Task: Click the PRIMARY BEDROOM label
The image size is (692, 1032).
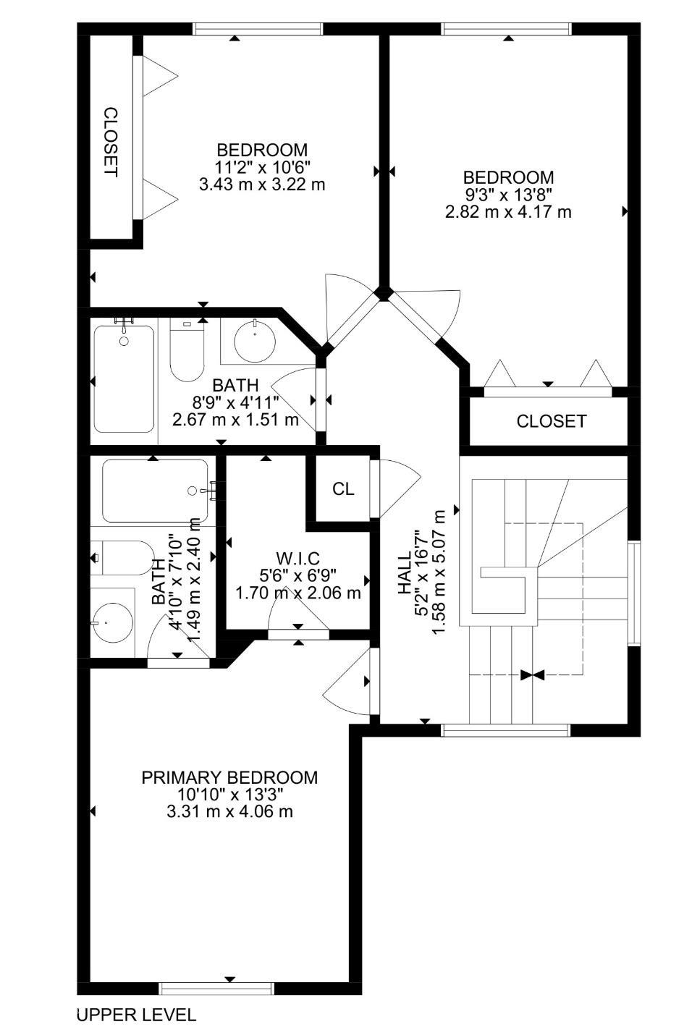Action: [x=229, y=777]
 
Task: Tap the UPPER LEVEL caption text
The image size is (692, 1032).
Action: [x=136, y=1015]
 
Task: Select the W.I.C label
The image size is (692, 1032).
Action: [x=298, y=558]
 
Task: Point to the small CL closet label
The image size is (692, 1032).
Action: [x=343, y=489]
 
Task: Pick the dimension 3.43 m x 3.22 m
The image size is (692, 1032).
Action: [x=262, y=185]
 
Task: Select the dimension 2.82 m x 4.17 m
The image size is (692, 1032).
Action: [x=508, y=212]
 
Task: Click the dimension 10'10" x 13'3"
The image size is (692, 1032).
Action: [x=229, y=795]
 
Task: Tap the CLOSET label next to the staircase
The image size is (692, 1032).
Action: [x=551, y=421]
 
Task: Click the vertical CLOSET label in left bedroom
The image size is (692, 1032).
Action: [x=110, y=142]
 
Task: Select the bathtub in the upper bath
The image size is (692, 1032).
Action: [x=124, y=378]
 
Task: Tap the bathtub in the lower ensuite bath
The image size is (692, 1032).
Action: [x=155, y=491]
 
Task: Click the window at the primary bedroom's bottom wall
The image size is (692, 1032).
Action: [x=216, y=988]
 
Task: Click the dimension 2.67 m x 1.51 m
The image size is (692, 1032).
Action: [x=236, y=420]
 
